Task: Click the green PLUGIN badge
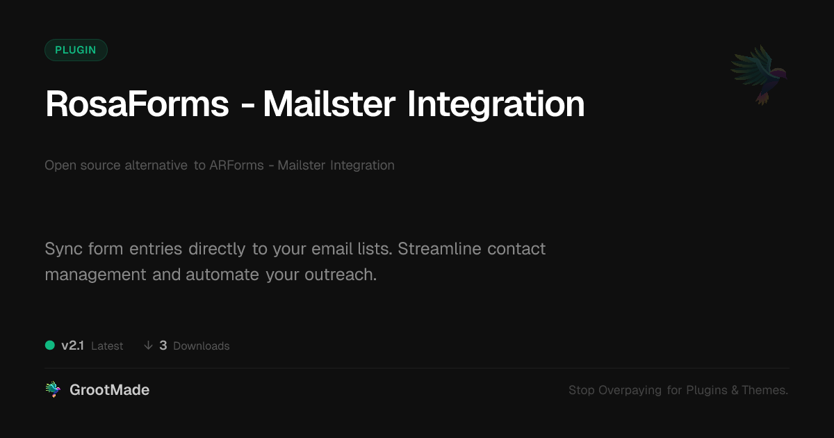pyautogui.click(x=76, y=50)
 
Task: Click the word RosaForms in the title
pyautogui.click(x=137, y=104)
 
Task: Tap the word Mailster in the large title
pyautogui.click(x=329, y=104)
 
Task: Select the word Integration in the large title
pyautogui.click(x=496, y=106)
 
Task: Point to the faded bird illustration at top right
pyautogui.click(x=760, y=74)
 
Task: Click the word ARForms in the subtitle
pyautogui.click(x=236, y=165)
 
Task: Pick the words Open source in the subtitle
pyautogui.click(x=82, y=165)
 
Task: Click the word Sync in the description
pyautogui.click(x=63, y=249)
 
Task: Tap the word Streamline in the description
pyautogui.click(x=439, y=248)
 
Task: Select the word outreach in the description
pyautogui.click(x=341, y=275)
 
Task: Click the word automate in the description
pyautogui.click(x=222, y=275)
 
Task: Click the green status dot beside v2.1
pyautogui.click(x=50, y=346)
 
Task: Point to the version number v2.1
pyautogui.click(x=72, y=346)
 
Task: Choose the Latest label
pyautogui.click(x=107, y=346)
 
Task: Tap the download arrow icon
pyautogui.click(x=148, y=346)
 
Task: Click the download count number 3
pyautogui.click(x=163, y=346)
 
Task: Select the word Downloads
pyautogui.click(x=202, y=346)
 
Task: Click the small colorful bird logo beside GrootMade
pyautogui.click(x=53, y=389)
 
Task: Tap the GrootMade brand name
pyautogui.click(x=110, y=390)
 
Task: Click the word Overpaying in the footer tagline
pyautogui.click(x=630, y=390)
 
